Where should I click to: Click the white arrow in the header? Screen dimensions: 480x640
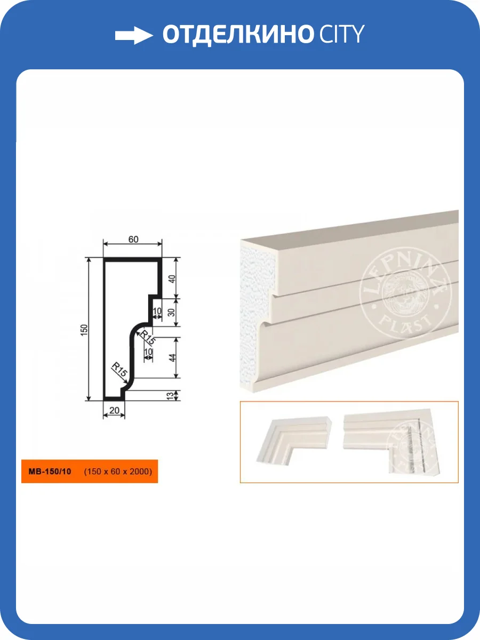(x=134, y=35)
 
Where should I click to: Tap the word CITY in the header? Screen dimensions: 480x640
(x=342, y=34)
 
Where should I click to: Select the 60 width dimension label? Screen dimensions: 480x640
(x=133, y=239)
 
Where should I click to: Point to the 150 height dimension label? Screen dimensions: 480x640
(x=84, y=330)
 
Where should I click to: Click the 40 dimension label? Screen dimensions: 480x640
(x=172, y=279)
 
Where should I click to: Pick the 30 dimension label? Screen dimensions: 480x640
(x=172, y=313)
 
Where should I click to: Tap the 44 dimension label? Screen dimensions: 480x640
(x=172, y=358)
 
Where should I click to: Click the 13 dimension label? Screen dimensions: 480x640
(x=170, y=396)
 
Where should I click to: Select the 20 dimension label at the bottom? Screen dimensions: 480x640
(x=114, y=411)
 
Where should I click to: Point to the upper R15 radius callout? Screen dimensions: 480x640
(x=148, y=337)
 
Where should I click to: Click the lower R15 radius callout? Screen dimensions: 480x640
(x=120, y=370)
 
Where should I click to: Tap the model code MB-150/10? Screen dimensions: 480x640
(x=50, y=471)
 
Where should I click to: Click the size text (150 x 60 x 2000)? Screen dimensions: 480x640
(x=118, y=471)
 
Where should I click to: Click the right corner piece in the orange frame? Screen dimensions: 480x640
(x=392, y=443)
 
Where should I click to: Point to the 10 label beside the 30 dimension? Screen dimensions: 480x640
(x=157, y=311)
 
